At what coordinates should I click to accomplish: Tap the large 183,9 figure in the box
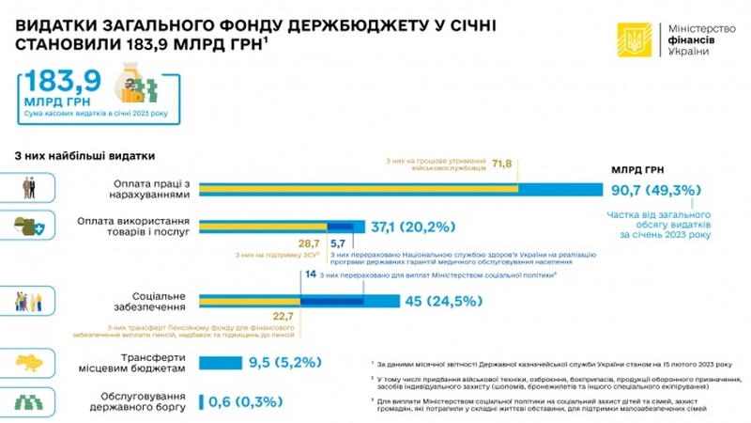(x=61, y=84)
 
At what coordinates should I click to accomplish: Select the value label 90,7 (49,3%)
(x=655, y=190)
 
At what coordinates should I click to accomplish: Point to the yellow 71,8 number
(x=502, y=164)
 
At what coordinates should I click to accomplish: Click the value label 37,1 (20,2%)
(x=413, y=227)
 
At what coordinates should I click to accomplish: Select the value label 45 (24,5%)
(x=442, y=302)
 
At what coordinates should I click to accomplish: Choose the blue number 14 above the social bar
(x=311, y=274)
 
